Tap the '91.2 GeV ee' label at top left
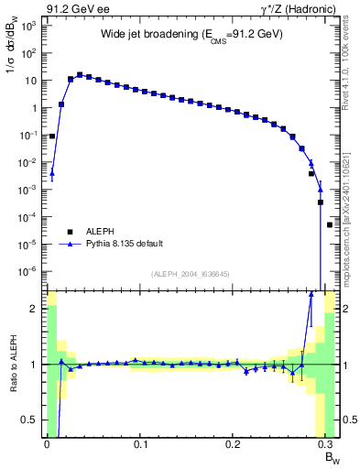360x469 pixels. pos(75,9)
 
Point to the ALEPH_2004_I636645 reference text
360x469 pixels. pos(191,274)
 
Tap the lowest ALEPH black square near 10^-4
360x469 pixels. pos(330,224)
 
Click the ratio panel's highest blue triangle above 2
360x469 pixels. pos(311,294)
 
